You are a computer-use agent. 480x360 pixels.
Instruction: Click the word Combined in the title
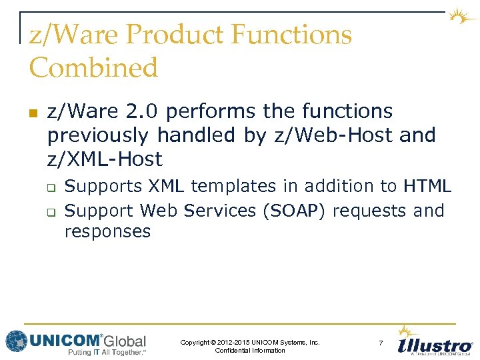(93, 68)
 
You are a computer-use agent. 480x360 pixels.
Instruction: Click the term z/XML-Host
(105, 159)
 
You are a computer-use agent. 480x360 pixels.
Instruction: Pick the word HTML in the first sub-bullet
(427, 187)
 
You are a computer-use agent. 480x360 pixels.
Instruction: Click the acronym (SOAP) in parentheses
(294, 211)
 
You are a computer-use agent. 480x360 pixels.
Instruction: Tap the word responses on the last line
(107, 232)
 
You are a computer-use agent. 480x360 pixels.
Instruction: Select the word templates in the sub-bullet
(230, 187)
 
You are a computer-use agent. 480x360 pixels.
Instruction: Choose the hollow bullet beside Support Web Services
(51, 212)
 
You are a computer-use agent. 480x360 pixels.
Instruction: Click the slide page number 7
(381, 343)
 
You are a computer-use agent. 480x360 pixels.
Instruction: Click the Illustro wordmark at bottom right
(435, 346)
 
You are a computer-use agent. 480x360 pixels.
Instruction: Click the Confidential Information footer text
(250, 351)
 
